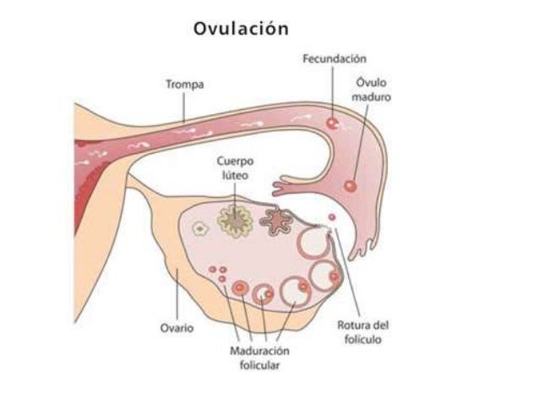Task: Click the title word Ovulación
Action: (x=241, y=28)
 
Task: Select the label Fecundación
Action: (x=335, y=58)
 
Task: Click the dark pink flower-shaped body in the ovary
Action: (x=274, y=222)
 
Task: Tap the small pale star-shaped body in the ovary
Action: (x=200, y=227)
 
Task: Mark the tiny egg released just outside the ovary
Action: (x=331, y=218)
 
